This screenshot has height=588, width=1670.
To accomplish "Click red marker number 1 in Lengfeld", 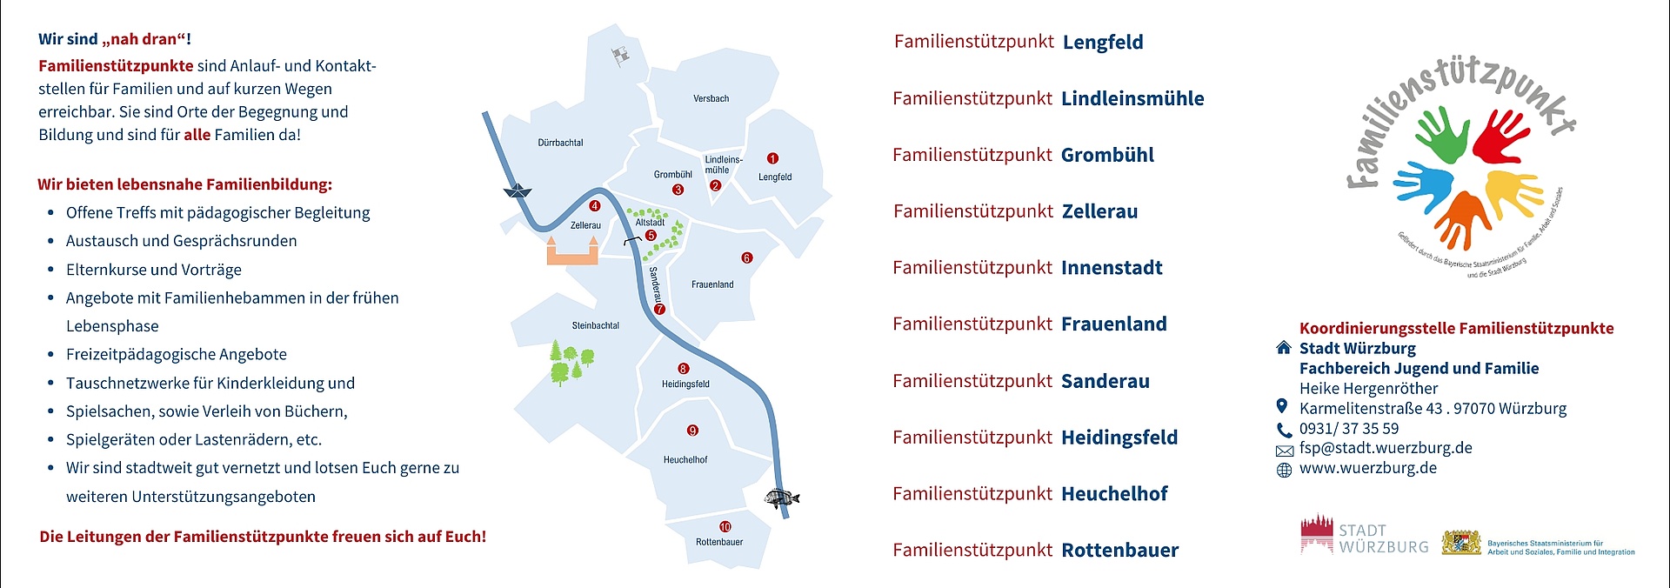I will click(772, 158).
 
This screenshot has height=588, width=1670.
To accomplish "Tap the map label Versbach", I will click(711, 99).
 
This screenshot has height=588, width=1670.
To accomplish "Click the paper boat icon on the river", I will click(518, 191).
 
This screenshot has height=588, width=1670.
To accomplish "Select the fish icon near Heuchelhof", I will click(781, 498).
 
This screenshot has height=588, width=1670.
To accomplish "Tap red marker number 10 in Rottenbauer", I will click(725, 527).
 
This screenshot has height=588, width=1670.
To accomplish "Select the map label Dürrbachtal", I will click(560, 143).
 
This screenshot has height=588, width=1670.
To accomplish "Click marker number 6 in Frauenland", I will click(746, 258).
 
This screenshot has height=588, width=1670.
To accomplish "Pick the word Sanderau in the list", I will click(1105, 381).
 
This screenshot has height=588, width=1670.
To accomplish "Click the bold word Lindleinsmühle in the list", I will click(1132, 99).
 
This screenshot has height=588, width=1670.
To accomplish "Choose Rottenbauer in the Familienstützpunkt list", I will click(1119, 551).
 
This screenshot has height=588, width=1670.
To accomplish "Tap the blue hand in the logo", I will click(1423, 186).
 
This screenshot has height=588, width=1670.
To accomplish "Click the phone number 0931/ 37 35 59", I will click(1348, 429).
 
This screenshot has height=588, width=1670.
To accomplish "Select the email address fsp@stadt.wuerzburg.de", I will click(1385, 449).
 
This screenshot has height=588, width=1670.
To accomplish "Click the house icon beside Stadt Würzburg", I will click(1283, 348).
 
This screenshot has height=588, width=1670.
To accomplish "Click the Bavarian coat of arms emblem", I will click(1461, 543).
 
